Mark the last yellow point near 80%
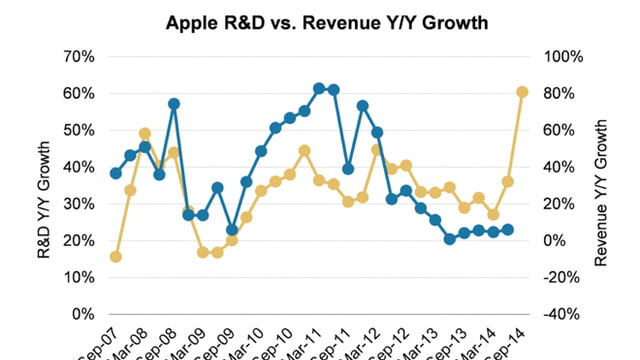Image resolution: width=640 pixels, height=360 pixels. [x=522, y=92]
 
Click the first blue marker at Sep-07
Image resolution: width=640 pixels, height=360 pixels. [x=116, y=174]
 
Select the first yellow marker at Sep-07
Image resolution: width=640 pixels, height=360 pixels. [x=116, y=257]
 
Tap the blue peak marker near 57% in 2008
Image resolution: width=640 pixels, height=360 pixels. [x=174, y=104]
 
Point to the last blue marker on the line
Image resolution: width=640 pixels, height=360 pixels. [x=508, y=229]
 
